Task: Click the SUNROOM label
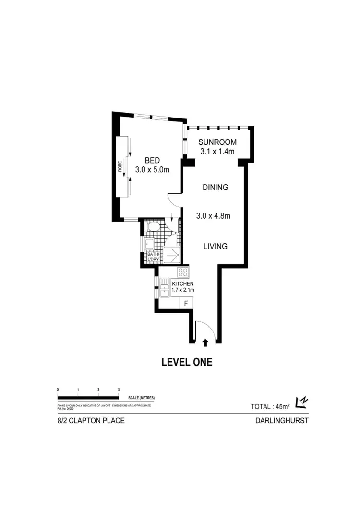point(218,142)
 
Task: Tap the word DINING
point(215,188)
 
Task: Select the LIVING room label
point(215,246)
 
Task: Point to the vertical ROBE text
point(120,166)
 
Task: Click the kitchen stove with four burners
point(183,272)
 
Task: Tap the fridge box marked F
point(185,303)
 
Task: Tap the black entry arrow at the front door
point(205,342)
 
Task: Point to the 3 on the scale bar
point(118,389)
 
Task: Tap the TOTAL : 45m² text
point(270,406)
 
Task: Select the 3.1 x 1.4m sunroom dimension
point(217,152)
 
